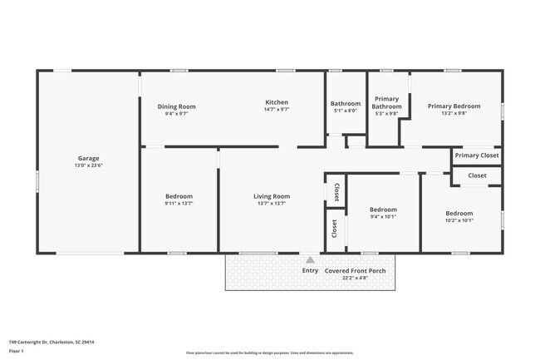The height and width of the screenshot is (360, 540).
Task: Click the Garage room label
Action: pos(89,158)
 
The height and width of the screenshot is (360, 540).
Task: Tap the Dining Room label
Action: pos(177,106)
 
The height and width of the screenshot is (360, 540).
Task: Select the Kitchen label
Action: pos(277,102)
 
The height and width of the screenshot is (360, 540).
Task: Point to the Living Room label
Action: pos(272,196)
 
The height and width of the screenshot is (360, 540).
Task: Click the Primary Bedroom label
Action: pos(454,106)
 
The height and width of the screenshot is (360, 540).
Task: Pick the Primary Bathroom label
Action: pos(386,103)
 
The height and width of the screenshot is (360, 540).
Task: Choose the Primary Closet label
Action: pos(477,155)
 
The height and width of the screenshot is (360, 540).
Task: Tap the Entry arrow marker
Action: pos(310,259)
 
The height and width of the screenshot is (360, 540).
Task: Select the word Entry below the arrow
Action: pos(310,270)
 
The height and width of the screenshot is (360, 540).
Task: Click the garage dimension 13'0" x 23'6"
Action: pos(89,165)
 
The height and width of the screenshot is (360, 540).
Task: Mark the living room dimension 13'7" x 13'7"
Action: pos(272,204)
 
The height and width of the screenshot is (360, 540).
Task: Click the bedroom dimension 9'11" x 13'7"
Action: pos(179,204)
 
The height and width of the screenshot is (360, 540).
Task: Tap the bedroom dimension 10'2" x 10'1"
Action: pos(459,220)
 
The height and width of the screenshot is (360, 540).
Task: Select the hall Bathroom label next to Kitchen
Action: pos(346,103)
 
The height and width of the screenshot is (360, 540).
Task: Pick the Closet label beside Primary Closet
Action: pos(477,175)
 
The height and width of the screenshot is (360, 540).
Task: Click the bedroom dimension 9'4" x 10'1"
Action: pos(383,217)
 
